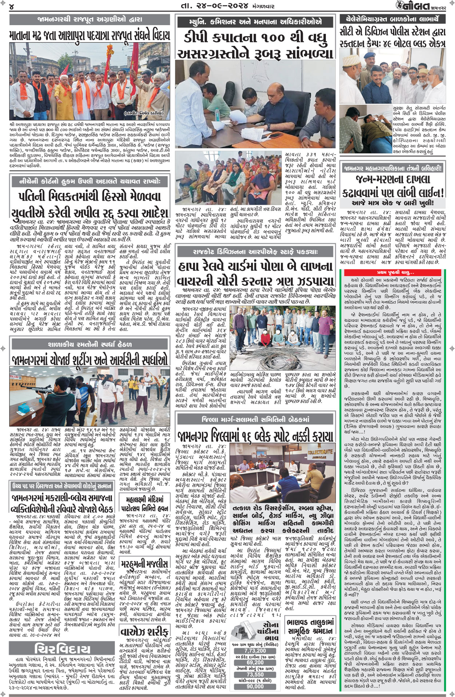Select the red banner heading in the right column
point(395,272)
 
